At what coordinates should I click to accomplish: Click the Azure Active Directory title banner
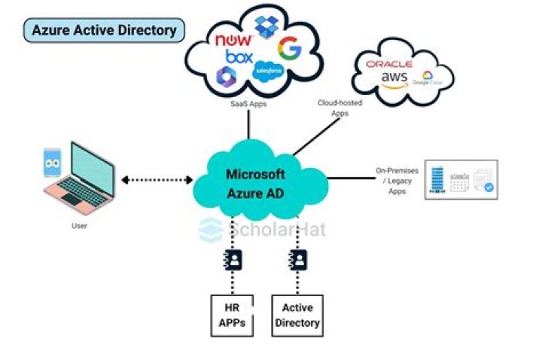point(105,30)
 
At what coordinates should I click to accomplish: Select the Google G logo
point(289,49)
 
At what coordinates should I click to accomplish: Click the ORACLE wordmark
point(388,65)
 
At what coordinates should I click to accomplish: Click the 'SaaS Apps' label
point(248,104)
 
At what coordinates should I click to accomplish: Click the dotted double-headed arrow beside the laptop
point(157,180)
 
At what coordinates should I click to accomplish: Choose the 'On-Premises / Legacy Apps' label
point(397,181)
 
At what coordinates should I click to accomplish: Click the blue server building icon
point(437,179)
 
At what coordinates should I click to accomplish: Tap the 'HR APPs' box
point(234,315)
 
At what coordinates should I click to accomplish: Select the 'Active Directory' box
point(297,315)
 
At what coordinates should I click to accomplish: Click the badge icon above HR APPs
point(234,261)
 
